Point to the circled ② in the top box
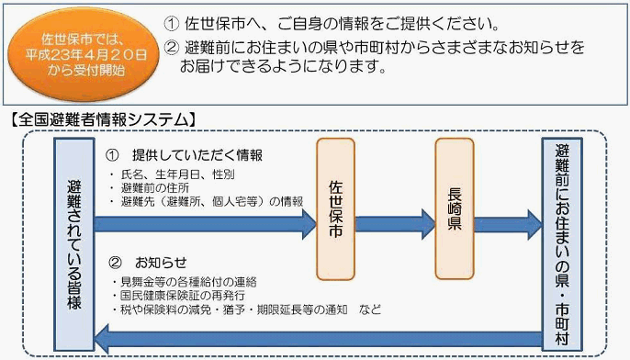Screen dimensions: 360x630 [172, 46]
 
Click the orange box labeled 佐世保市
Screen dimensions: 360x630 [341, 209]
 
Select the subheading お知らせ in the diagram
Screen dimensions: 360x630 [161, 261]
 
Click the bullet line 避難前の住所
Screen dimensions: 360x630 [156, 186]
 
